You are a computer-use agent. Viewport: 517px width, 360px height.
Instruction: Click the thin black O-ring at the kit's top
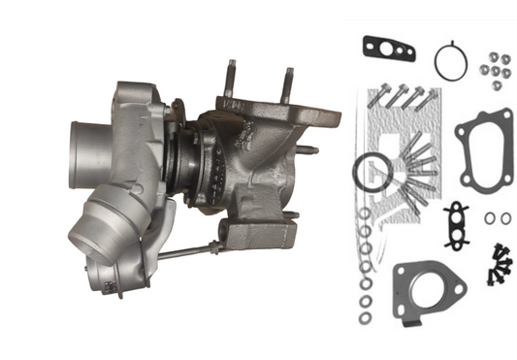[x=450, y=61]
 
